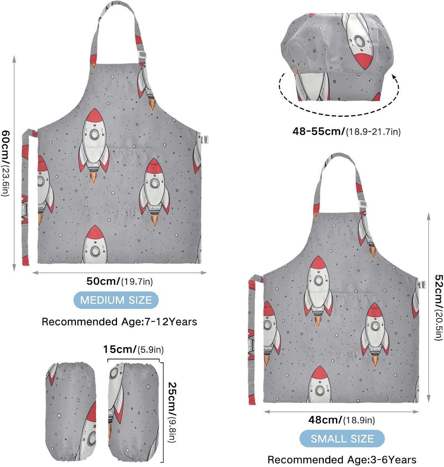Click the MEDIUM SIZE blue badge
pyautogui.click(x=116, y=300)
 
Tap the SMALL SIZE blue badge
pyautogui.click(x=342, y=438)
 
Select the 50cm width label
pyautogui.click(x=120, y=281)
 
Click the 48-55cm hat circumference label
pyautogui.click(x=346, y=131)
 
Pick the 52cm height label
pyautogui.click(x=439, y=307)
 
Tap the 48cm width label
pyautogui.click(x=342, y=420)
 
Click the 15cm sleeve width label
pyautogui.click(x=133, y=349)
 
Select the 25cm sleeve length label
pyautogui.click(x=172, y=413)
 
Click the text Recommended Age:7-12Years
pyautogui.click(x=119, y=322)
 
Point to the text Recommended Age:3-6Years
pyautogui.click(x=342, y=460)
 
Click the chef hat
pyautogui.click(x=337, y=57)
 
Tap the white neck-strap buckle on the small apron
pyautogui.click(x=362, y=204)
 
